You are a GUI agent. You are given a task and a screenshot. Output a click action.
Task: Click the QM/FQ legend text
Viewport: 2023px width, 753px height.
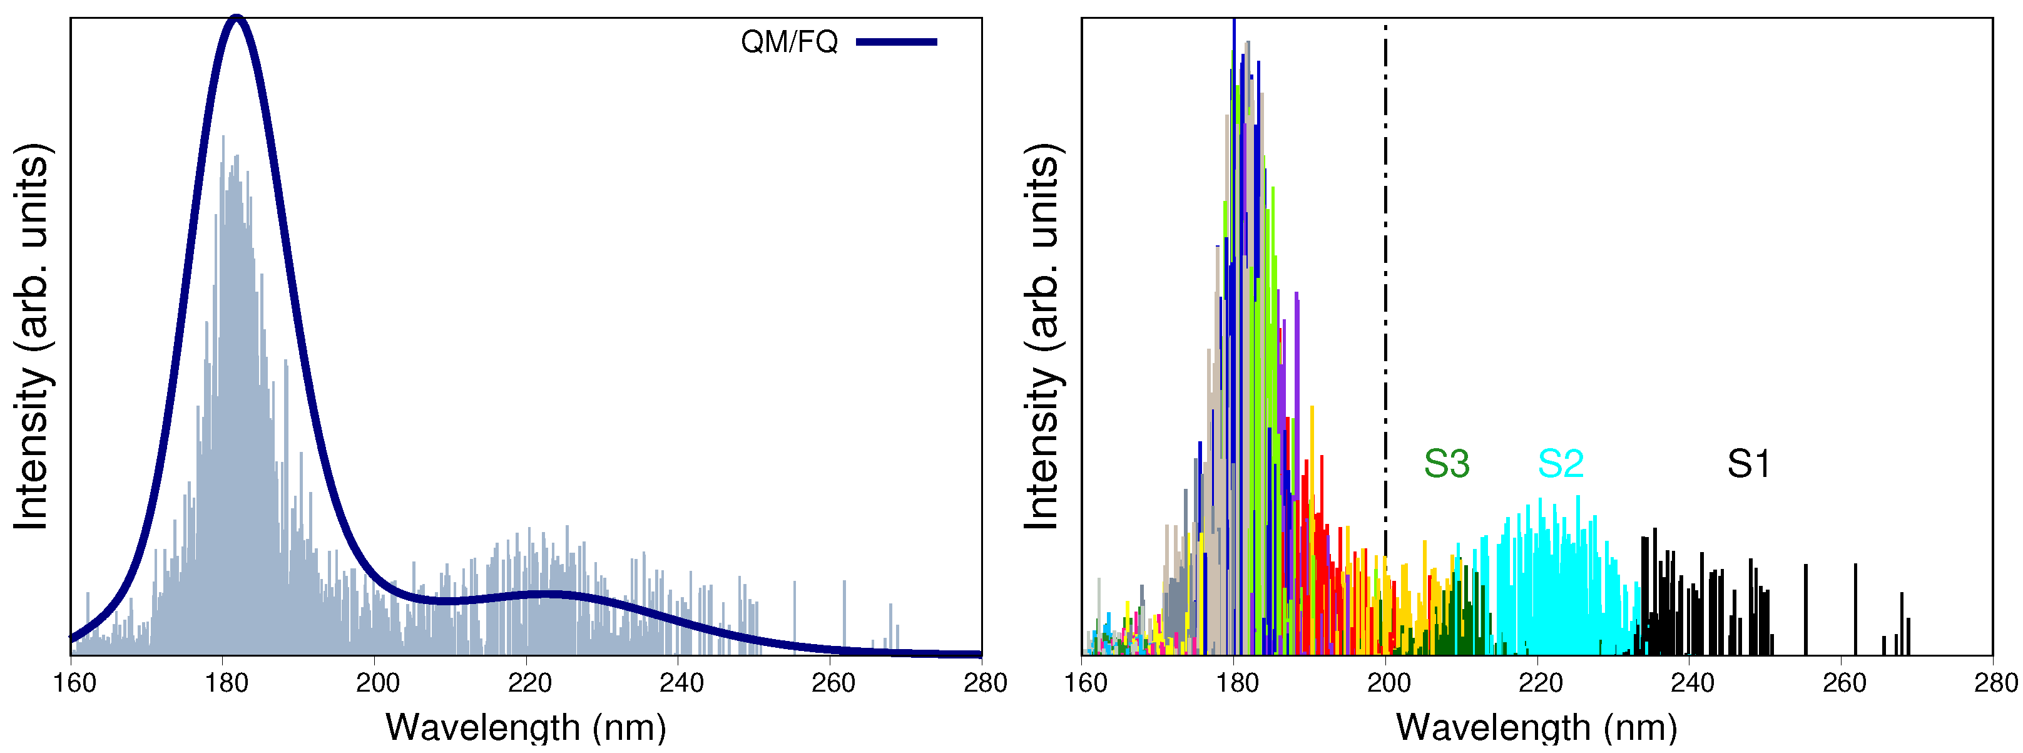click(788, 41)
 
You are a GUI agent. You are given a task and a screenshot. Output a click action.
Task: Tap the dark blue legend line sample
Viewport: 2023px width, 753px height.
click(896, 41)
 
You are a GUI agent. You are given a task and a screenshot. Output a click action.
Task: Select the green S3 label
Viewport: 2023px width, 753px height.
click(1447, 464)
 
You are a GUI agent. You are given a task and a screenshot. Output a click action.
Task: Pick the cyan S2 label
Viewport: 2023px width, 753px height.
click(1561, 464)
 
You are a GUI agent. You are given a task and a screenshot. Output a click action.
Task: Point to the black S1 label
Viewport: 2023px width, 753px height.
click(1748, 464)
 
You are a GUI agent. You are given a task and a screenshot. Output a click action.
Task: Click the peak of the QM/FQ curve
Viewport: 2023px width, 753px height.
click(237, 18)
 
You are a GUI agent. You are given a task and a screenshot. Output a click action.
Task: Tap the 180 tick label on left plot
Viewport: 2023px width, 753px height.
click(226, 683)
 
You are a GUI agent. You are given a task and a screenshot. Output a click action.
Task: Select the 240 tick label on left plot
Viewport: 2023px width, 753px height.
click(681, 683)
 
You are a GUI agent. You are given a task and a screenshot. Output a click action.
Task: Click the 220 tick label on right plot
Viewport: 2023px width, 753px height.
click(1540, 683)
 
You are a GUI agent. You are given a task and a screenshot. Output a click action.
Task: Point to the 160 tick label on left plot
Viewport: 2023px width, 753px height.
click(74, 683)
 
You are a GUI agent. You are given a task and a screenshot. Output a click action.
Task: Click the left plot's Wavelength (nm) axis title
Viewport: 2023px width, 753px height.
click(526, 727)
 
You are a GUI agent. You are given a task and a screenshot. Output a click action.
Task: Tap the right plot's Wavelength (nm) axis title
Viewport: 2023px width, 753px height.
click(1536, 727)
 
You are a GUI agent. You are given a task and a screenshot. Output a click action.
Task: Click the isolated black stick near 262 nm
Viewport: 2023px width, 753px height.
click(1855, 609)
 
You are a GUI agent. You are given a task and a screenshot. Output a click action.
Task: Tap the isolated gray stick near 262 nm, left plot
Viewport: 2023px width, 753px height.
click(844, 617)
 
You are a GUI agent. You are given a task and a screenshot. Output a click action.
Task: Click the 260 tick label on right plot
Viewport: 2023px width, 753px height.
click(1844, 683)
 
